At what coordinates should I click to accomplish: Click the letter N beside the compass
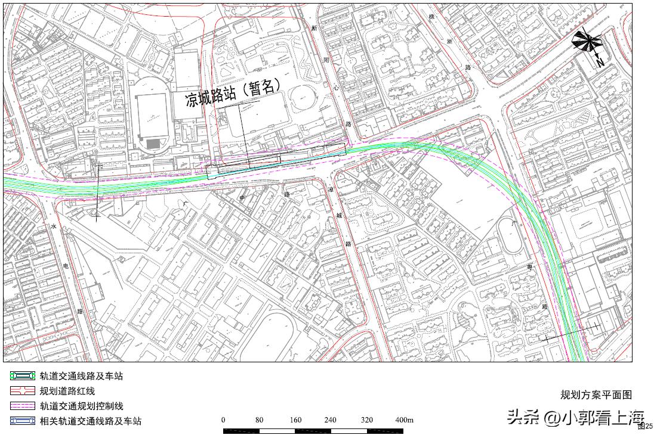[x=600, y=61]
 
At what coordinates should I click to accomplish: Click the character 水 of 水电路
[x=53, y=226]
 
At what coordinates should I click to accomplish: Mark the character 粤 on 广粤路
[x=529, y=266]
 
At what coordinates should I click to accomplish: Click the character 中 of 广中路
[x=242, y=198]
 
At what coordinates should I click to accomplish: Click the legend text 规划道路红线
[x=67, y=391]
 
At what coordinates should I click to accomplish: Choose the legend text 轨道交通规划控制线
[x=81, y=406]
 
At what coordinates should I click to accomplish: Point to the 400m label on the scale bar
[x=405, y=420]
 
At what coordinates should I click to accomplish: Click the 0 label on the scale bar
[x=224, y=420]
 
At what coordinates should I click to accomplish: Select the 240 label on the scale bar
[x=330, y=420]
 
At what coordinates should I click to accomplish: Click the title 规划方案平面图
[x=596, y=394]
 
